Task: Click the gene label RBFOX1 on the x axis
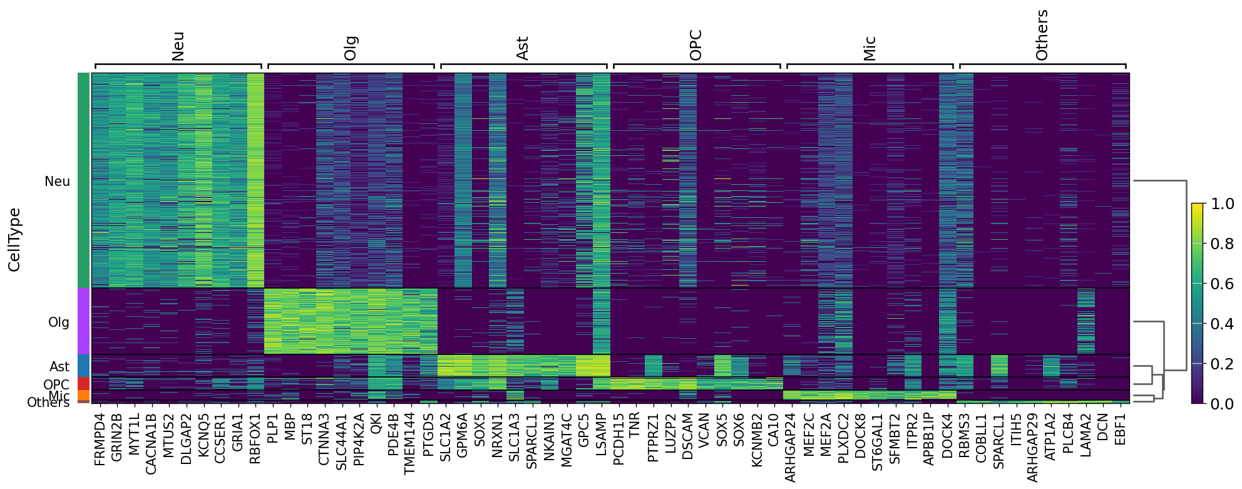[255, 438]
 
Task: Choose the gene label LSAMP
[600, 434]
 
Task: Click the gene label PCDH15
[618, 438]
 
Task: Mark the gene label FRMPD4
[100, 439]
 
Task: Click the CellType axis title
[14, 240]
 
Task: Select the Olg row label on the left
[59, 322]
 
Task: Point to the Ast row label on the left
[59, 366]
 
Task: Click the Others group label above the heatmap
[1042, 36]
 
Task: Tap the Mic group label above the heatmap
[869, 48]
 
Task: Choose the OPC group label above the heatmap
[695, 45]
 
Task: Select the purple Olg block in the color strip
[83, 321]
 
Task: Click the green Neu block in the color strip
[83, 180]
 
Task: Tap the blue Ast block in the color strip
[83, 366]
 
